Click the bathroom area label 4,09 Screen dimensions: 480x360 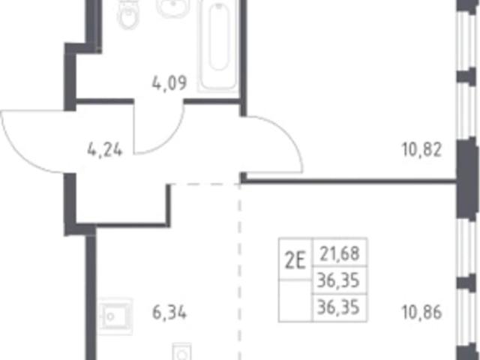coord(169,83)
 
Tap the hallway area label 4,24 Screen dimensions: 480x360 coord(105,150)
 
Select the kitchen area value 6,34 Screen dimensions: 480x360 coord(169,313)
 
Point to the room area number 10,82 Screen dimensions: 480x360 coord(421,150)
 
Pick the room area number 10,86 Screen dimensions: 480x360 coord(421,313)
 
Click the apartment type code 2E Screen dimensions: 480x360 coord(295,262)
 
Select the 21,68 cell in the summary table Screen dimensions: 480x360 coord(340,253)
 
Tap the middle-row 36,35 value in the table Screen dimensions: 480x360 coord(338,280)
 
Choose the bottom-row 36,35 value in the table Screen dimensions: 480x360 coord(338,307)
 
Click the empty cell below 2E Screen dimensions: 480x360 coord(295,301)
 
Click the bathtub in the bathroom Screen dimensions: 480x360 coord(218,46)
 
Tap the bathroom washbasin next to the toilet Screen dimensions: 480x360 coord(172,7)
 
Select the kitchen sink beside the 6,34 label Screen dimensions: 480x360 coord(115,316)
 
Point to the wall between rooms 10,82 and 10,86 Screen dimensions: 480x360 coord(349,181)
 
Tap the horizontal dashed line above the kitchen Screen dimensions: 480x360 coord(205,184)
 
